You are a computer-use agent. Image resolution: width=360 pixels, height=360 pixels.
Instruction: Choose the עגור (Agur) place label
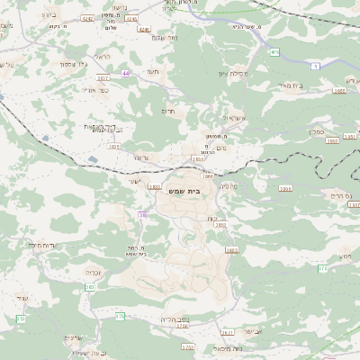point(23,296)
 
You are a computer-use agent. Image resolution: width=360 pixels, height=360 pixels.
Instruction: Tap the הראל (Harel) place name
point(103,57)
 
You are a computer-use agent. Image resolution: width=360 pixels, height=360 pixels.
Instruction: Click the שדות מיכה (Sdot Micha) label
point(42,246)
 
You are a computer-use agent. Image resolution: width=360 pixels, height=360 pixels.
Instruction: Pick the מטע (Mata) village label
point(345,256)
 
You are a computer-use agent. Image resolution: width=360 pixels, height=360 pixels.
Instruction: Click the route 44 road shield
point(125,73)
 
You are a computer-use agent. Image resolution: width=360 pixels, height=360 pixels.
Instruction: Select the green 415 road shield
point(274,53)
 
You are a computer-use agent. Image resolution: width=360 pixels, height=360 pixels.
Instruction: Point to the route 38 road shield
point(142,214)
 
